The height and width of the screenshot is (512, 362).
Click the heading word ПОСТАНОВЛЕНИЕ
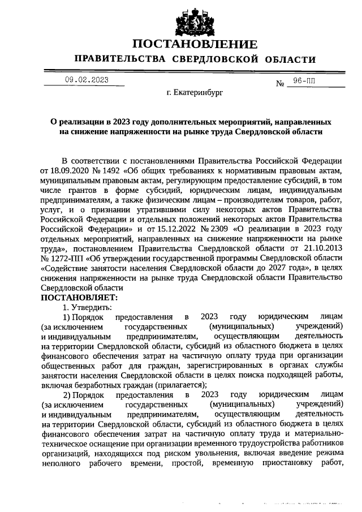pos(195,44)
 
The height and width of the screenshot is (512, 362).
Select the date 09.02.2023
pos(87,80)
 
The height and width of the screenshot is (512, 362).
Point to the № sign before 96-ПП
pos(279,84)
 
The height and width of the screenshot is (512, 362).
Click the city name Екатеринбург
pos(195,91)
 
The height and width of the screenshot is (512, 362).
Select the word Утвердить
pos(90,307)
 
